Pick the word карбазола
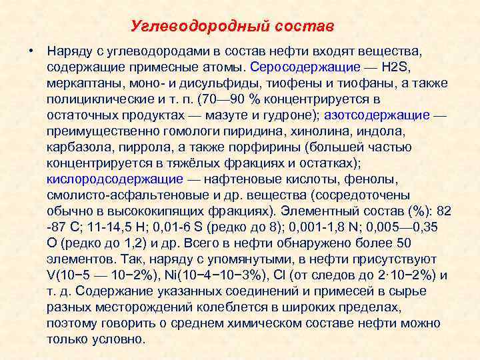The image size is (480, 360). [78, 147]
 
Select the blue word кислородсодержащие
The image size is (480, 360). [115, 179]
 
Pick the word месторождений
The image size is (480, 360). [138, 307]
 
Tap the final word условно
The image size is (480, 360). [121, 339]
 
